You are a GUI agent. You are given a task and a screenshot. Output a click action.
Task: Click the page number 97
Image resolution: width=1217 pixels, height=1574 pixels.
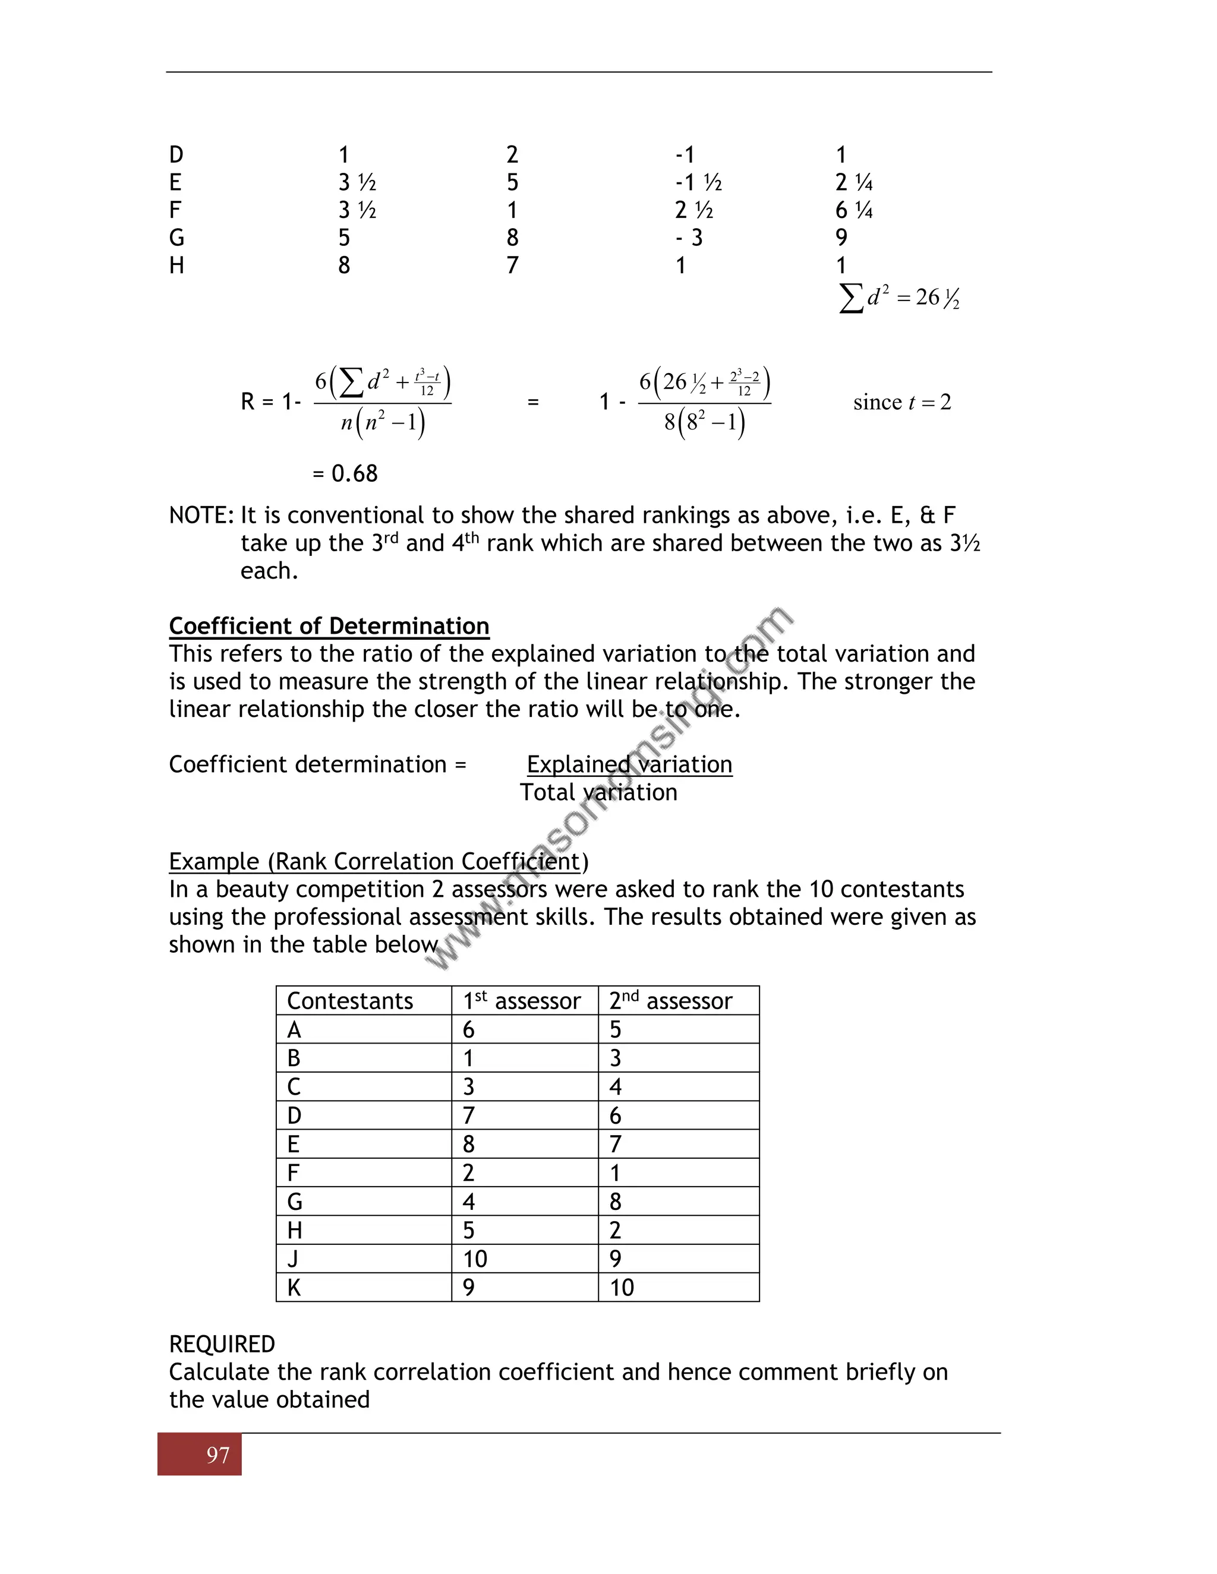pyautogui.click(x=217, y=1455)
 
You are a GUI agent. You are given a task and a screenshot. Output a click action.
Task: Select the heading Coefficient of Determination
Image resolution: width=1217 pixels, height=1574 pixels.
pyautogui.click(x=329, y=625)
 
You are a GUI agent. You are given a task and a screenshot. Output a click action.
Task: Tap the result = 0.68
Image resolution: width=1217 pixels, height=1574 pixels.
pyautogui.click(x=345, y=473)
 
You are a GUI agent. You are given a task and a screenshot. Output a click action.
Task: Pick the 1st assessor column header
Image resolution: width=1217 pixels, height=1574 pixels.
pyautogui.click(x=521, y=1001)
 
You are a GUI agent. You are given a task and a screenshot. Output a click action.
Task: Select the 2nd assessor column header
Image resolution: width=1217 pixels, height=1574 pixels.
pyautogui.click(x=670, y=1001)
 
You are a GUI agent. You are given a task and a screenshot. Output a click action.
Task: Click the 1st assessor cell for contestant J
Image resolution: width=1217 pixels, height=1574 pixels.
pyautogui.click(x=475, y=1259)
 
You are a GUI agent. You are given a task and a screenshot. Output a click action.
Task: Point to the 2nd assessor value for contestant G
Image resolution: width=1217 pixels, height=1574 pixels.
pyautogui.click(x=615, y=1202)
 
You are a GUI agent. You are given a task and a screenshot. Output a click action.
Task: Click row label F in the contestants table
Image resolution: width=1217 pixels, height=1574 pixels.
pyautogui.click(x=293, y=1173)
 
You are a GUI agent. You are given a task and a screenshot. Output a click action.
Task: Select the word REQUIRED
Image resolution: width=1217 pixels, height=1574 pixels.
pyautogui.click(x=222, y=1344)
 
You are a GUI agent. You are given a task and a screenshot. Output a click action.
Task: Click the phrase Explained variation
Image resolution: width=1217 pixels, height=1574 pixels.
pyautogui.click(x=629, y=764)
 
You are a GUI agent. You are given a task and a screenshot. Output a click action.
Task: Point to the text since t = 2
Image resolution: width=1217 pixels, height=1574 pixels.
pyautogui.click(x=902, y=402)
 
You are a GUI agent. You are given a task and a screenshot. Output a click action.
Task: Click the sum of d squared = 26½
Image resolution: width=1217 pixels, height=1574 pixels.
pyautogui.click(x=899, y=298)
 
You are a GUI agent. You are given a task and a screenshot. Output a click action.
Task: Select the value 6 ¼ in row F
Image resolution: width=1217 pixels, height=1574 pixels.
pyautogui.click(x=854, y=210)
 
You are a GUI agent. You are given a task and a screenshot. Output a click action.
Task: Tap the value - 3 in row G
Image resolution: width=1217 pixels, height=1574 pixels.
pyautogui.click(x=689, y=238)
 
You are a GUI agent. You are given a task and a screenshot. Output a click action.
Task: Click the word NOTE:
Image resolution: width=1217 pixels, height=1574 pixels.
pyautogui.click(x=201, y=516)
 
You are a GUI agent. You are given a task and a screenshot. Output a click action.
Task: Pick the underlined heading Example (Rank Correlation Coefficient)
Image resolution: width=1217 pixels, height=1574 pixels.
pyautogui.click(x=379, y=861)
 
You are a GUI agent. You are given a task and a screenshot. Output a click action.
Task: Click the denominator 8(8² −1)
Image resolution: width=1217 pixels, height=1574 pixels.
pyautogui.click(x=704, y=422)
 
